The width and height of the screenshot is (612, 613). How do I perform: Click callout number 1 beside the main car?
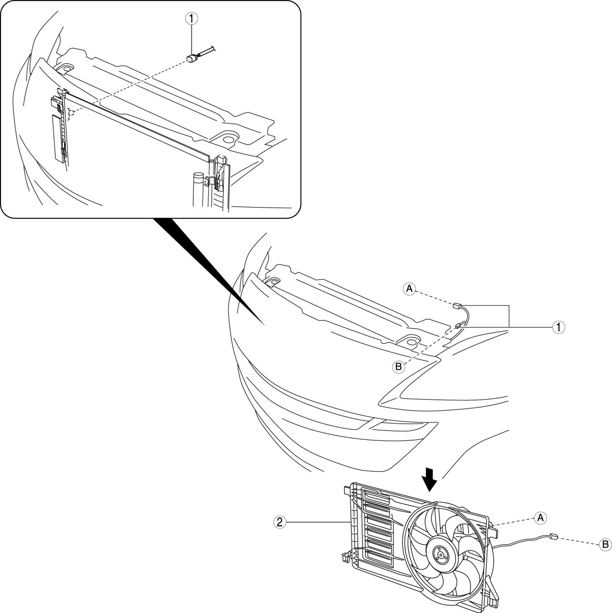[559, 327]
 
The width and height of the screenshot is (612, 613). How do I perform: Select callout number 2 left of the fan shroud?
[280, 522]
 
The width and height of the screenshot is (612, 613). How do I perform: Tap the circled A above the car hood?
[409, 288]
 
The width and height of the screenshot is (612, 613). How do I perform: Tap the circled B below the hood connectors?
[398, 366]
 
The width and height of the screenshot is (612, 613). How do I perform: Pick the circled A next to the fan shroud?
[539, 517]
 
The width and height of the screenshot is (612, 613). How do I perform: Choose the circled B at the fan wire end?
[605, 545]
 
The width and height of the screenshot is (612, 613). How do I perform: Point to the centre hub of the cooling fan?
[440, 553]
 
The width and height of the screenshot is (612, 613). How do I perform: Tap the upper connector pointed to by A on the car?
[457, 306]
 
